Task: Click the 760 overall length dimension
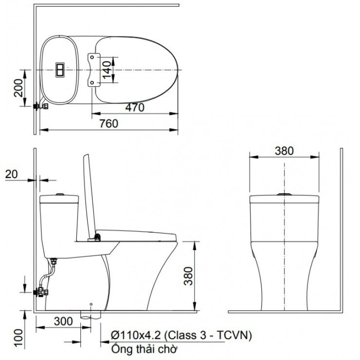click(x=108, y=124)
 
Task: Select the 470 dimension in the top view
click(x=134, y=108)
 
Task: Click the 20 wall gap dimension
click(x=12, y=174)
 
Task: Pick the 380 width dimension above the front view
click(x=284, y=150)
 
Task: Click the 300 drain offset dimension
click(x=63, y=322)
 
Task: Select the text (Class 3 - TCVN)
click(x=209, y=336)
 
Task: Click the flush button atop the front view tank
click(x=284, y=194)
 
